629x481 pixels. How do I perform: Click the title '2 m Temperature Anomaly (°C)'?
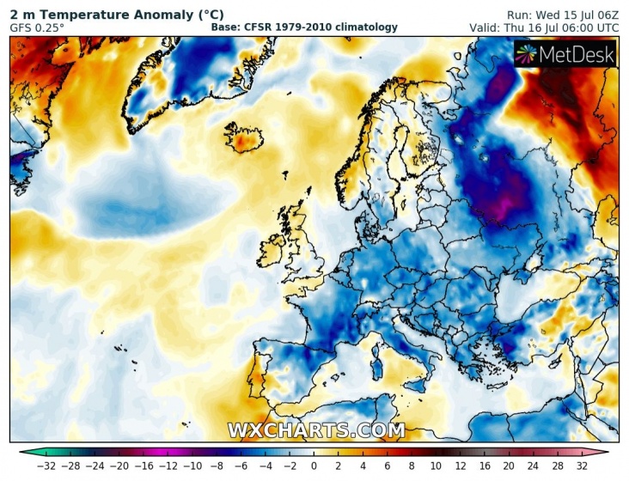pos(117,15)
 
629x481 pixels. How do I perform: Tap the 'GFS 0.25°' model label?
pos(37,28)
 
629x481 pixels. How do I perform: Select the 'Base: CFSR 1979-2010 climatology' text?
pos(304,27)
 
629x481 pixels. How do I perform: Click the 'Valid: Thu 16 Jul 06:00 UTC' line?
pos(544,28)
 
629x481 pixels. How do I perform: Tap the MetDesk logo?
pos(565,54)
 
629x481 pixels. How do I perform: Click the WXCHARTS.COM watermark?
pos(316,430)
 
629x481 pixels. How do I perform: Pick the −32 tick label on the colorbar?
pos(46,466)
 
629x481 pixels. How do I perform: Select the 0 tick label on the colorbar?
pos(314,466)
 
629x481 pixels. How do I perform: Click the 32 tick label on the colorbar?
pos(582,466)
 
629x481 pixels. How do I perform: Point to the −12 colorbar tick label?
pos(168,466)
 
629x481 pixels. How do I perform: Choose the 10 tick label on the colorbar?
pos(436,466)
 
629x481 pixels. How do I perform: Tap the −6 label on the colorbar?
pos(241,466)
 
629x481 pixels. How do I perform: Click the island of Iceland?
pos(243,138)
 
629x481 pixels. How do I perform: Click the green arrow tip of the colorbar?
pos(21,453)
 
